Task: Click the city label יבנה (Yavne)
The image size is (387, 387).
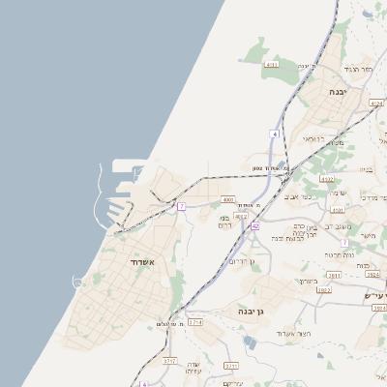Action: pos(337,91)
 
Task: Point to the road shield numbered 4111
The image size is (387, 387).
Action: pos(271,65)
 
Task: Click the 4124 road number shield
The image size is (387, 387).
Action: pos(376,102)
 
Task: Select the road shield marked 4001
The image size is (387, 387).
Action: pos(228,200)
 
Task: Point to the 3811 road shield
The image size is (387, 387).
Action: pos(334,275)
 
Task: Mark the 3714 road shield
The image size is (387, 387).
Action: pos(195,320)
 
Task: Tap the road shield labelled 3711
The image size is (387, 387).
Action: pos(230,366)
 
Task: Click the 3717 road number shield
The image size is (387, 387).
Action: pos(170,360)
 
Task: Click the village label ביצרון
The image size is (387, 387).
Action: pos(307,282)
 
